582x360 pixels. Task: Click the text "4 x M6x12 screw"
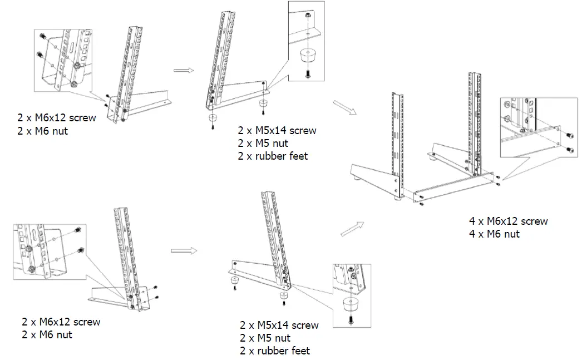click(508, 221)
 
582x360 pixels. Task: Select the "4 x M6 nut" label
click(494, 234)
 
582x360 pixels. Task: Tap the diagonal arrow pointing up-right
click(352, 227)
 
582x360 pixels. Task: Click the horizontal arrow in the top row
click(183, 70)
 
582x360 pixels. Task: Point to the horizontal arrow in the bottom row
click(184, 251)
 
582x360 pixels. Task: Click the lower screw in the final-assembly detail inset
click(569, 149)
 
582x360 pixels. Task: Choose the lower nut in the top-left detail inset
click(73, 84)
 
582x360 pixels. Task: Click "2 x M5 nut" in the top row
click(264, 144)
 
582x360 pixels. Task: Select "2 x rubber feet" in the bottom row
click(275, 351)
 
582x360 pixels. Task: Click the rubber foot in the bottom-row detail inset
click(349, 304)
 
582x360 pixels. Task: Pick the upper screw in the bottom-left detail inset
click(78, 231)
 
